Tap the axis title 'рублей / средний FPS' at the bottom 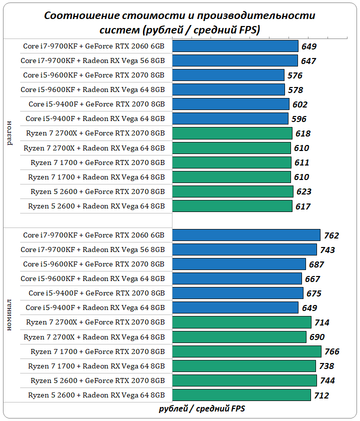click(202, 408)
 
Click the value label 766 click(332, 351)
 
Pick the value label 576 click(295, 75)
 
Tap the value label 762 click(331, 235)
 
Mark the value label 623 click(303, 191)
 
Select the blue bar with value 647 click(235, 61)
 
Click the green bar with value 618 click(232, 133)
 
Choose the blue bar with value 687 click(239, 264)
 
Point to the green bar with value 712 click(241, 395)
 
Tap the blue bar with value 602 click(231, 104)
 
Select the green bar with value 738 click(244, 366)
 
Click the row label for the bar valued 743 click(92, 249)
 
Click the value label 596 click(298, 119)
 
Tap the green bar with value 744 click(244, 380)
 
